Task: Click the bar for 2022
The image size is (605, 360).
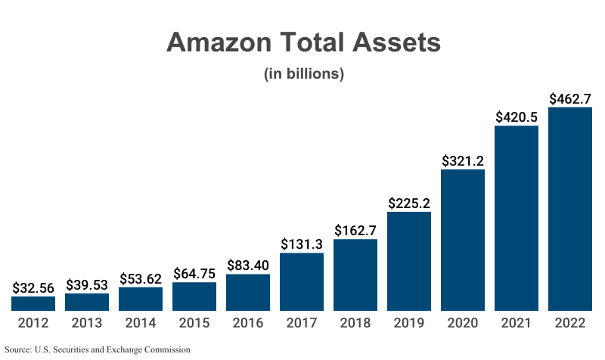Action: pyautogui.click(x=569, y=209)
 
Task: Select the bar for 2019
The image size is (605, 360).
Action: pyautogui.click(x=408, y=261)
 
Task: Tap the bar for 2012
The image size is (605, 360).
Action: pyautogui.click(x=33, y=303)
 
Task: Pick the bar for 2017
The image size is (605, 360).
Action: pyautogui.click(x=302, y=281)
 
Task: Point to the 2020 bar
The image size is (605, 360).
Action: pyautogui.click(x=463, y=240)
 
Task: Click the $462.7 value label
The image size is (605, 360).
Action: pyautogui.click(x=569, y=98)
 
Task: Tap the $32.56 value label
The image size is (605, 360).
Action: pyautogui.click(x=33, y=287)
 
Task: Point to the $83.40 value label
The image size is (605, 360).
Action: pyautogui.click(x=248, y=265)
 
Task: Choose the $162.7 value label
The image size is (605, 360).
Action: pyautogui.click(x=355, y=231)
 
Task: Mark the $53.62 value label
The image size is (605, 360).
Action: pyautogui.click(x=141, y=278)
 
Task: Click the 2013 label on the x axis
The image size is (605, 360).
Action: pyautogui.click(x=87, y=324)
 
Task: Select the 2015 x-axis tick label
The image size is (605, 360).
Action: pyautogui.click(x=194, y=324)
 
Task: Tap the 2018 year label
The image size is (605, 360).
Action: pyautogui.click(x=355, y=324)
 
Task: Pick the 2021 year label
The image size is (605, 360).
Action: pyautogui.click(x=517, y=324)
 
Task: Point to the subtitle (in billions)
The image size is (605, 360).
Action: pyautogui.click(x=303, y=74)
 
